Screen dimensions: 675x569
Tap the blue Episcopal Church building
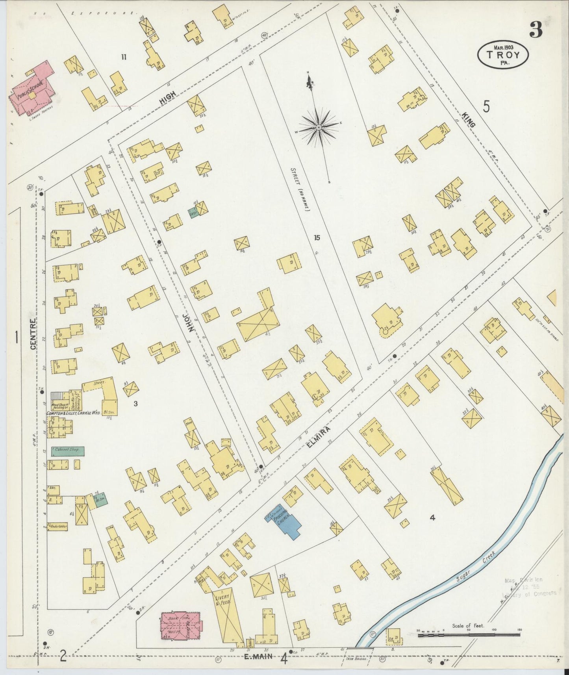(284, 520)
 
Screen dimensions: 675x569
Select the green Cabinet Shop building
(66, 451)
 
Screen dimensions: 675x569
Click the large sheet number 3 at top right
(536, 30)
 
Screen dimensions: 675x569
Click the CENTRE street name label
(33, 334)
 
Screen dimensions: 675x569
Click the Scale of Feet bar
(469, 635)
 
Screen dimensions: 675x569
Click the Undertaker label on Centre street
(58, 526)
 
